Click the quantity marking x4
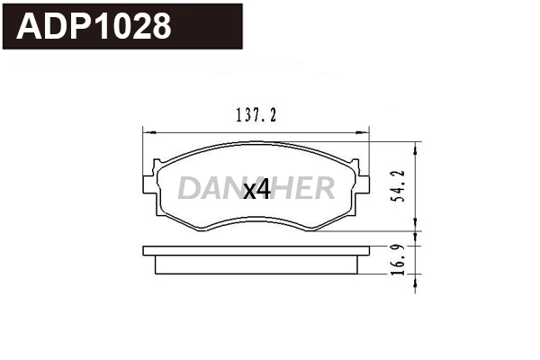257,190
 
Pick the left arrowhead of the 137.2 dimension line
148,132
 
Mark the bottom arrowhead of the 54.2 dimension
415,226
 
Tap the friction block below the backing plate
256,265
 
